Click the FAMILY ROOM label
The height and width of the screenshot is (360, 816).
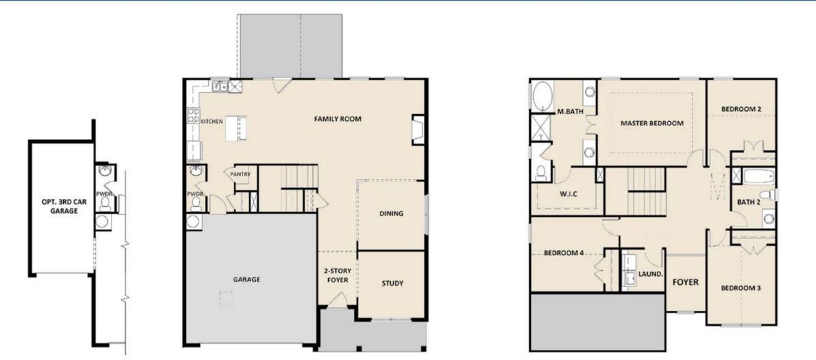[x=338, y=119]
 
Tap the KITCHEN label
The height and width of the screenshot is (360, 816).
[x=212, y=121]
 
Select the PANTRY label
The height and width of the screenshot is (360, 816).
[x=240, y=175]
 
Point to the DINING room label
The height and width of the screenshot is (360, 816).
[x=391, y=213]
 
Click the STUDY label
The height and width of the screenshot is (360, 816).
[x=392, y=284]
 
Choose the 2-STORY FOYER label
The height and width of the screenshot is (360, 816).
[x=338, y=276]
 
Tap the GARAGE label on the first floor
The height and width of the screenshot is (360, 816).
[x=245, y=279]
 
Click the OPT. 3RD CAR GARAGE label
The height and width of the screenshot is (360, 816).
[x=60, y=206]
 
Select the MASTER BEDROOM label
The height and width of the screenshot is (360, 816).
[x=652, y=123]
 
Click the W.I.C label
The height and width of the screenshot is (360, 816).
[x=567, y=194]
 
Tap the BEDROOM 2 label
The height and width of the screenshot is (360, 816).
[x=741, y=109]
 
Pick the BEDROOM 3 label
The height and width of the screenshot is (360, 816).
[x=741, y=288]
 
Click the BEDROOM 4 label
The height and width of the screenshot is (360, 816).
[x=564, y=252]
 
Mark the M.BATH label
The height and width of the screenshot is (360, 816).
[x=571, y=112]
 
